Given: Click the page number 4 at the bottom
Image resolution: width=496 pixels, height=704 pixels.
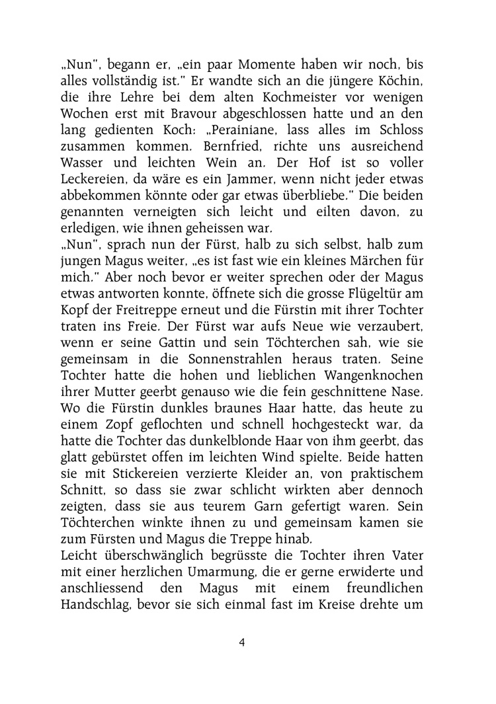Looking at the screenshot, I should click(242, 641).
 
